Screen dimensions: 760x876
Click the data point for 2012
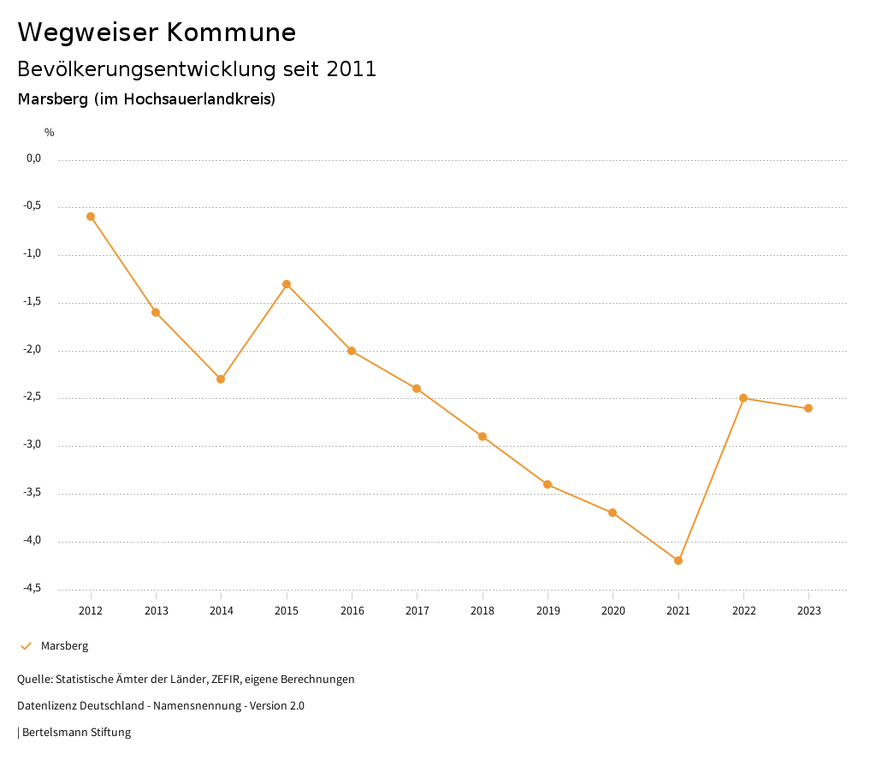click(x=91, y=217)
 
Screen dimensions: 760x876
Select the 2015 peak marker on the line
click(x=287, y=284)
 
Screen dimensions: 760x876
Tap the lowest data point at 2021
click(x=678, y=561)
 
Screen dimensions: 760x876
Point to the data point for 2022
click(x=743, y=398)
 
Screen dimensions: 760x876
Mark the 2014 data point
click(x=221, y=379)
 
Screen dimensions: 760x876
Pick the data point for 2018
click(x=482, y=436)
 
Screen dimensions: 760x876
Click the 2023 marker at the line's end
click(x=808, y=408)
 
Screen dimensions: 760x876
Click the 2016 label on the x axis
click(x=352, y=611)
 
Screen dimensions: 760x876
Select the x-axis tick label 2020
click(x=613, y=611)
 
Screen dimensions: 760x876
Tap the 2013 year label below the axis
click(x=156, y=611)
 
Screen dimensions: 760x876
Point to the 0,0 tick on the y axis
click(x=33, y=158)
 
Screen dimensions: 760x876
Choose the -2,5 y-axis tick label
click(x=33, y=397)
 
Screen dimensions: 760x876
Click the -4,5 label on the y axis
click(x=33, y=588)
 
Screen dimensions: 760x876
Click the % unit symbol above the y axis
click(x=50, y=133)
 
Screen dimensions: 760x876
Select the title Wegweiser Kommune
click(x=157, y=33)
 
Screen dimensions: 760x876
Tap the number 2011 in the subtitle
click(x=352, y=69)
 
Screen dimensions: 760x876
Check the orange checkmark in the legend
click(x=26, y=646)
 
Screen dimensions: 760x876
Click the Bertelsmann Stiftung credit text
click(x=76, y=733)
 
